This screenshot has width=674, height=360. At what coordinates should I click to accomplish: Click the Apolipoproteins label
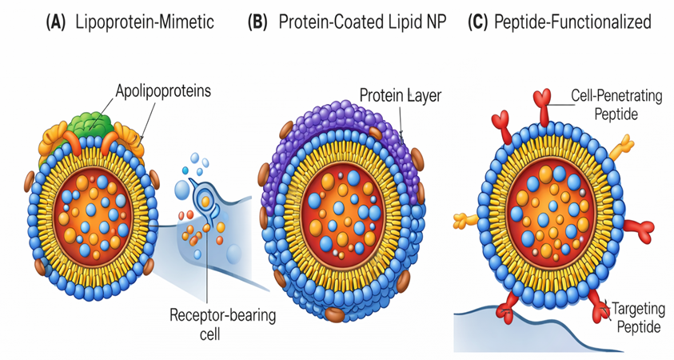tap(160, 90)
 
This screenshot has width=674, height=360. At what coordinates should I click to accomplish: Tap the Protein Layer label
tap(401, 96)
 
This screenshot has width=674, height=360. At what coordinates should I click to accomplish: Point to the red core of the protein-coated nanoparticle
tap(341, 209)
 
